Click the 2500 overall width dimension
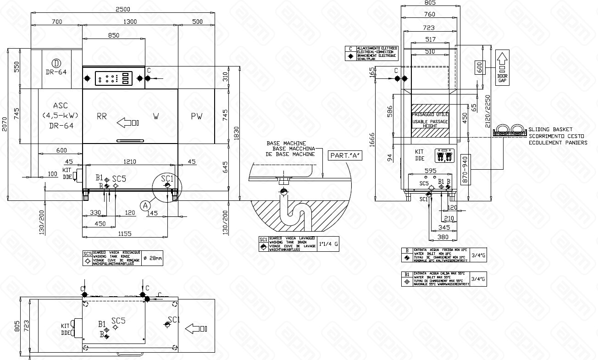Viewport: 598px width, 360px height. (x=122, y=9)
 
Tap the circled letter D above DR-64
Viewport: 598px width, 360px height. (x=56, y=63)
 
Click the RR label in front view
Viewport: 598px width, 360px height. (x=102, y=116)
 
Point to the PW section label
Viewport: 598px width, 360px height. (x=197, y=116)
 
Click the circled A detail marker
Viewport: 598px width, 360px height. (x=145, y=205)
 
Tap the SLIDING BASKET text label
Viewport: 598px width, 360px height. (x=550, y=130)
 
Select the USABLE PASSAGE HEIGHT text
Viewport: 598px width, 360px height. (x=430, y=123)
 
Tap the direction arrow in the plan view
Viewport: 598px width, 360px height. (x=196, y=328)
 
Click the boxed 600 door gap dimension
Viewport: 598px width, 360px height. (x=480, y=67)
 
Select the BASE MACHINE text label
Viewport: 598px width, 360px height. (x=287, y=144)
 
